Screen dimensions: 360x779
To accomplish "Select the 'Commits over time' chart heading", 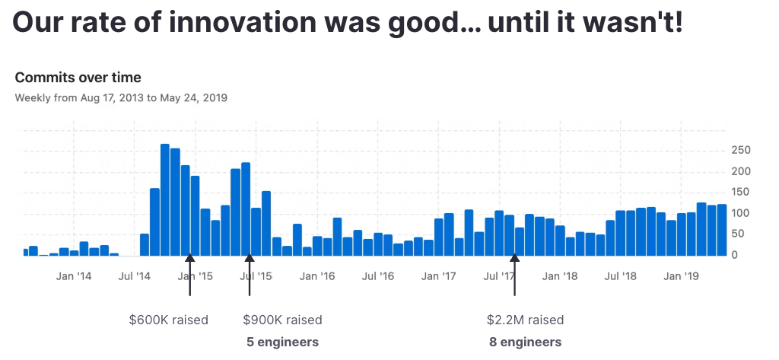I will tap(78, 78).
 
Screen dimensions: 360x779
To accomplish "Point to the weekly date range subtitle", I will tap(121, 97).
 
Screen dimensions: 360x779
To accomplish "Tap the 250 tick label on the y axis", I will tap(740, 150).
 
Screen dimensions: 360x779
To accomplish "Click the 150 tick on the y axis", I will tap(740, 193).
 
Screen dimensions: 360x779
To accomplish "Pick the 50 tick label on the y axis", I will tap(737, 234).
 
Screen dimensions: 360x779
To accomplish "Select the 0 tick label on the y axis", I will tap(734, 256).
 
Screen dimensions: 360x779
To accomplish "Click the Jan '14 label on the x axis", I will tap(74, 276).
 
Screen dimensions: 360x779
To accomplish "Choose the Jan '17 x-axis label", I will tap(438, 276).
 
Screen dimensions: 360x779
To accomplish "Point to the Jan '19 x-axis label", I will tap(682, 276).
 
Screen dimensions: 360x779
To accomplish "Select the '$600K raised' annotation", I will tap(168, 320).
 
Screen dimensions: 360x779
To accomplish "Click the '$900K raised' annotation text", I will tap(282, 320).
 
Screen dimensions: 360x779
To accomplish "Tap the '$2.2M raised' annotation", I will tap(525, 320).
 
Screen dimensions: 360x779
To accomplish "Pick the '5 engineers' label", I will tap(282, 342).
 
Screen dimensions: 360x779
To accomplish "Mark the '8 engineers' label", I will tap(525, 342).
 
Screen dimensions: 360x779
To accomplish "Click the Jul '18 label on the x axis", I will tap(620, 276).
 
